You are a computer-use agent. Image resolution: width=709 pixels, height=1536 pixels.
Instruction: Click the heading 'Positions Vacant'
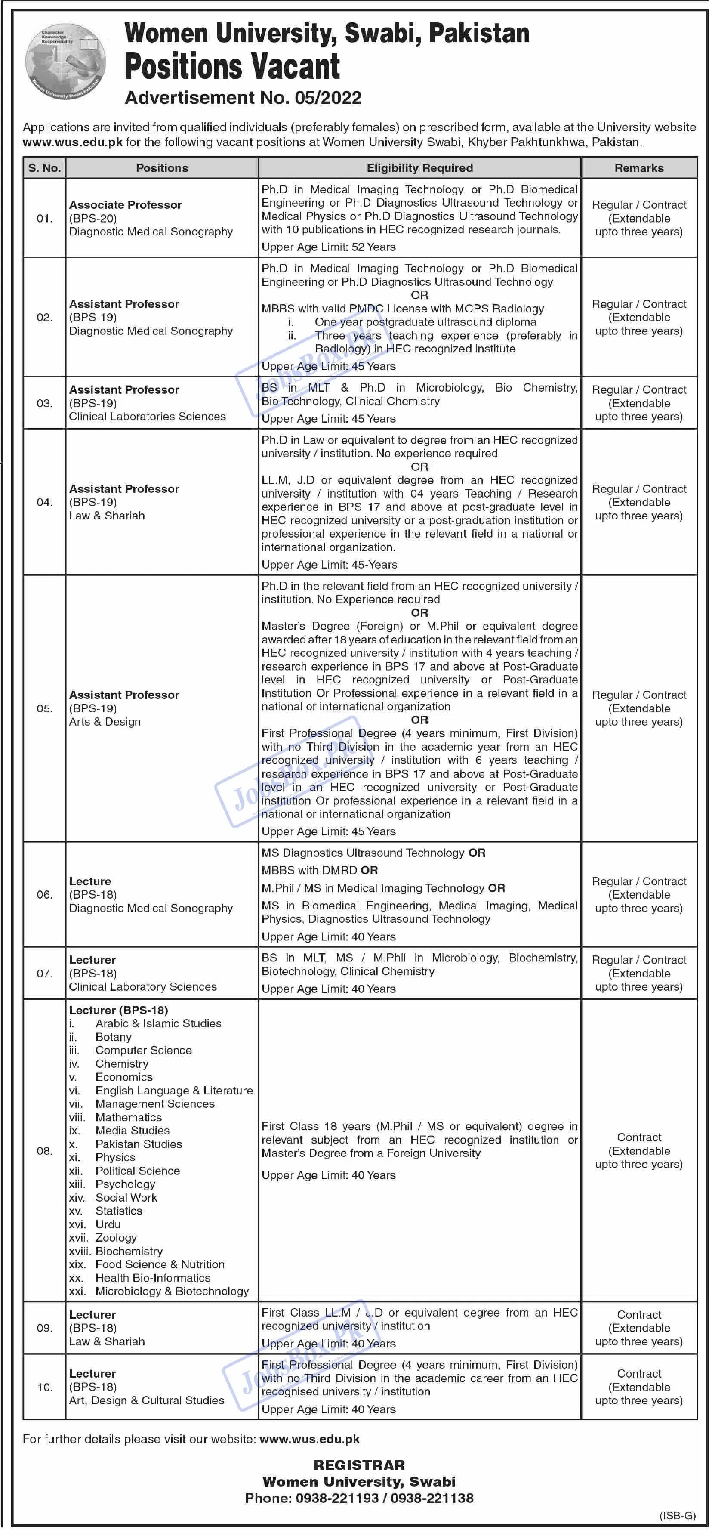pos(232,66)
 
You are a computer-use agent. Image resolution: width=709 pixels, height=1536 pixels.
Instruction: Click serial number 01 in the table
pos(45,218)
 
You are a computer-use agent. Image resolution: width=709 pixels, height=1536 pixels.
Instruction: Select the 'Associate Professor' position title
pos(125,204)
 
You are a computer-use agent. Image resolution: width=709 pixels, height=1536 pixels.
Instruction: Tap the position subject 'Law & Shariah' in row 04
pos(107,516)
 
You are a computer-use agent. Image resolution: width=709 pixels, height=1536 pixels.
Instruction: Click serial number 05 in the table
pos(45,708)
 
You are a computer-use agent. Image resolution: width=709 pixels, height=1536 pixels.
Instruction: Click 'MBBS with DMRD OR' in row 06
pos(320,870)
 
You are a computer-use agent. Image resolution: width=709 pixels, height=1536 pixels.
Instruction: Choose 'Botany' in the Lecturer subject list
pos(113,1037)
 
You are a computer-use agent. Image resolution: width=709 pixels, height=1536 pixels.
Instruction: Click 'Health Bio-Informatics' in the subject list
pos(153,1278)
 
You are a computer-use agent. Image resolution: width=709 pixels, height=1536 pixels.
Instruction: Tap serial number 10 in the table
pos(45,1387)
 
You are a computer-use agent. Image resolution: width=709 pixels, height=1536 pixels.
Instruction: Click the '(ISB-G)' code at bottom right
pos(678,1516)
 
